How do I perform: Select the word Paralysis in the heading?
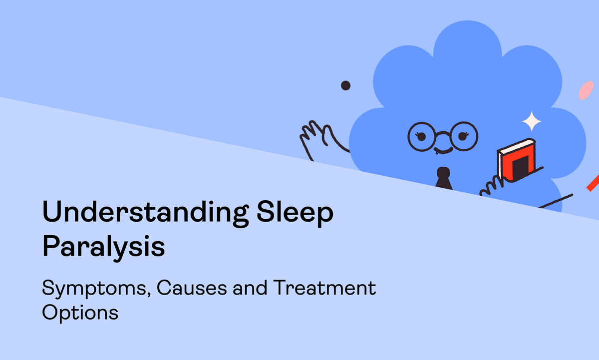click(x=103, y=247)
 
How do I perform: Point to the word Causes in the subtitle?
click(x=192, y=288)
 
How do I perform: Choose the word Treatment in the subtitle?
click(x=324, y=288)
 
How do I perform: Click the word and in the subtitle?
click(x=250, y=288)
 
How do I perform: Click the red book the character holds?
click(x=516, y=160)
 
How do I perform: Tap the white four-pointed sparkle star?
click(x=532, y=122)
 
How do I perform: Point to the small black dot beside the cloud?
click(x=345, y=85)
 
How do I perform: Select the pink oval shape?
click(x=586, y=90)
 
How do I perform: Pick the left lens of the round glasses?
click(x=421, y=137)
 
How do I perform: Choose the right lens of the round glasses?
click(x=463, y=136)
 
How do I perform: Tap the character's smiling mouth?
click(x=443, y=151)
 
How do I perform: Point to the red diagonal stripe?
click(x=593, y=183)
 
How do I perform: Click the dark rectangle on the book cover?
click(x=521, y=168)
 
